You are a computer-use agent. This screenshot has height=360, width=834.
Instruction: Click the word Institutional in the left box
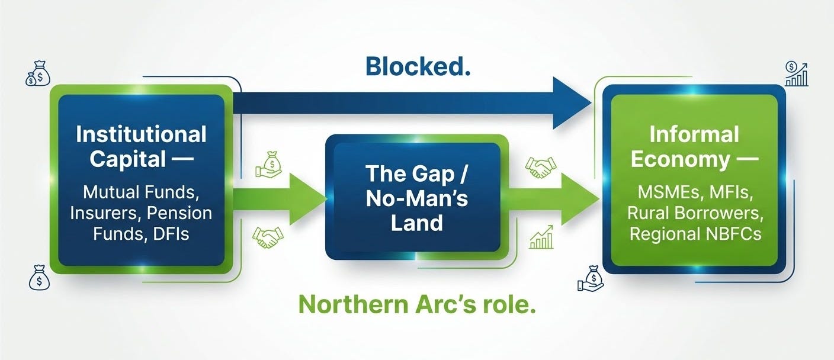click(141, 134)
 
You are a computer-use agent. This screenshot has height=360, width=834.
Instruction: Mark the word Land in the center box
click(416, 223)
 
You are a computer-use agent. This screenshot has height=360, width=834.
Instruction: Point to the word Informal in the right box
click(694, 134)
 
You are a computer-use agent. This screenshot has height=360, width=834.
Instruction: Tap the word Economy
click(679, 159)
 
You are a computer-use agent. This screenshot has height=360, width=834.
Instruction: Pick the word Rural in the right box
click(652, 213)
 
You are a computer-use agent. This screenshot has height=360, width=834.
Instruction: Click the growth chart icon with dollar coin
click(796, 73)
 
